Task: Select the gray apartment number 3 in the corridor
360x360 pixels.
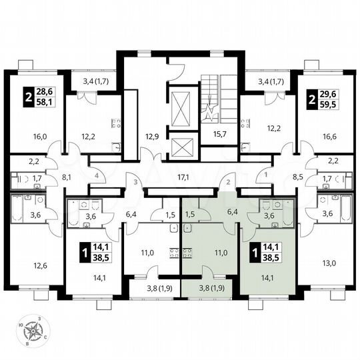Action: tap(135, 181)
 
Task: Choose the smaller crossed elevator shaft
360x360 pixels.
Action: tap(181, 146)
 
